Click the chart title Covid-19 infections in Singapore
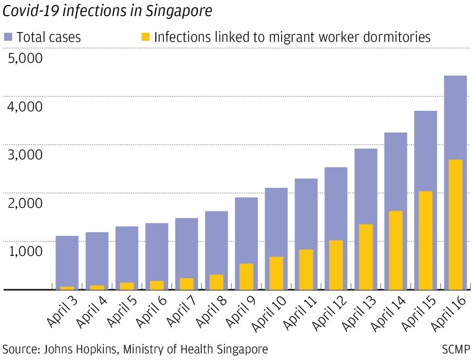108,11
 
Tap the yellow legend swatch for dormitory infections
146,36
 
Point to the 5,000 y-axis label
26,58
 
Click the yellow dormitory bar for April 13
365,256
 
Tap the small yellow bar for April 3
67,288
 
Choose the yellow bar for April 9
246,276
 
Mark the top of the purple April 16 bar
455,77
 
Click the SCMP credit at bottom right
456,349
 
